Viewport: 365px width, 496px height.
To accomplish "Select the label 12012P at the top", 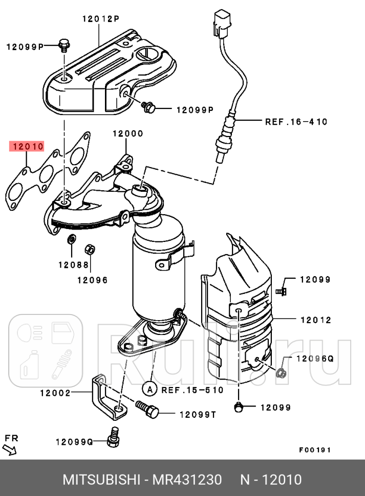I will click(x=100, y=19).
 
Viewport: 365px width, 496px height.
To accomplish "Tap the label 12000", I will click(x=128, y=134).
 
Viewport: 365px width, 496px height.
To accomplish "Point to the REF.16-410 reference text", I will click(x=296, y=122).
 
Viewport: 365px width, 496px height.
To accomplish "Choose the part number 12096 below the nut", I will click(x=92, y=280).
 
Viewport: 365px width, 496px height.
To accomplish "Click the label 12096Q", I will click(x=314, y=358).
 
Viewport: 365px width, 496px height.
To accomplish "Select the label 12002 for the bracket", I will click(x=55, y=393).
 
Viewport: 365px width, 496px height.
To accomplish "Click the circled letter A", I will click(x=149, y=390).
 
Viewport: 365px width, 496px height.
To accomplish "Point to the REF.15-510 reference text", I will click(x=192, y=390).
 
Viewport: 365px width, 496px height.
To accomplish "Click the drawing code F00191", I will click(x=315, y=450).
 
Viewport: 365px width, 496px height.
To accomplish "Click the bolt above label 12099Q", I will click(x=114, y=435).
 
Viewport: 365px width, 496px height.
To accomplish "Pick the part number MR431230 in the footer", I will click(x=189, y=480).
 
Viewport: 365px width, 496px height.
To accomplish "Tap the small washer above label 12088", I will click(x=71, y=238).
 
